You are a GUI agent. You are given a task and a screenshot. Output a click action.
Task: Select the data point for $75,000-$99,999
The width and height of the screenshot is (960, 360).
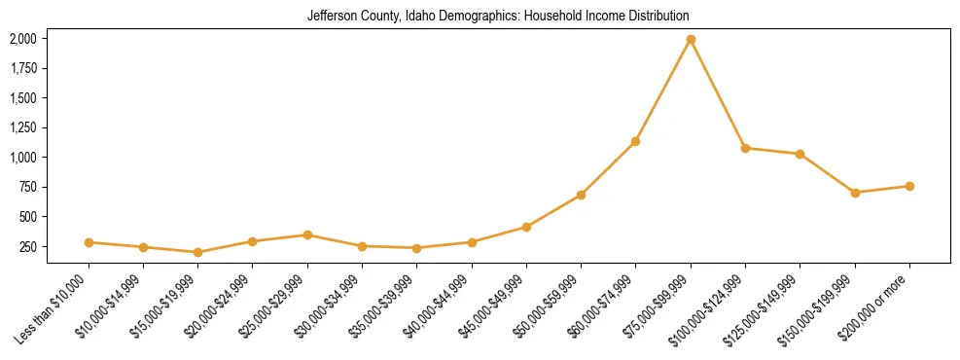(x=691, y=40)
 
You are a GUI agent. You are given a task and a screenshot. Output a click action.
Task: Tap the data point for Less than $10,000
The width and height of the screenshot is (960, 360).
(x=89, y=242)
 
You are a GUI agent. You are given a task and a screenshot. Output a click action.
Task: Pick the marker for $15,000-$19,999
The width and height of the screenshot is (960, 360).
(x=198, y=252)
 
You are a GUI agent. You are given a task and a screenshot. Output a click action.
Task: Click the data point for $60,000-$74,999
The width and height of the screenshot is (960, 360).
(x=636, y=141)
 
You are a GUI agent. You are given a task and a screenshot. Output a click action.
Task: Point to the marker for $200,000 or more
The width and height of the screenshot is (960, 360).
(x=909, y=186)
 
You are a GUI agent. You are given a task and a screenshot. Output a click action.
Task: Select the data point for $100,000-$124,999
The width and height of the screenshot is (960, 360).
(x=745, y=148)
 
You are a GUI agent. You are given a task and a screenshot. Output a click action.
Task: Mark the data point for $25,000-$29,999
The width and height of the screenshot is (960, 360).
(x=307, y=234)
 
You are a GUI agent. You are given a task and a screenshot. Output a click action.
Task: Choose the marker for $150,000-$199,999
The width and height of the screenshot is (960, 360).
(x=855, y=193)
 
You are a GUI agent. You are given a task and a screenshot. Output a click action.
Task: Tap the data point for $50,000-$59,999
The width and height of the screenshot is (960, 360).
(x=581, y=195)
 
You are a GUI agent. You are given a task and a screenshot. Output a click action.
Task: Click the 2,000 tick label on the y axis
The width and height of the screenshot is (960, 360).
(x=22, y=39)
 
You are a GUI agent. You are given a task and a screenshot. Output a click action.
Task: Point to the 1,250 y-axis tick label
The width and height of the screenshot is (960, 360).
(x=22, y=127)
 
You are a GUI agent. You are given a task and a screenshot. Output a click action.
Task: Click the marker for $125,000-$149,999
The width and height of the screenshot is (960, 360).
(x=800, y=154)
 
